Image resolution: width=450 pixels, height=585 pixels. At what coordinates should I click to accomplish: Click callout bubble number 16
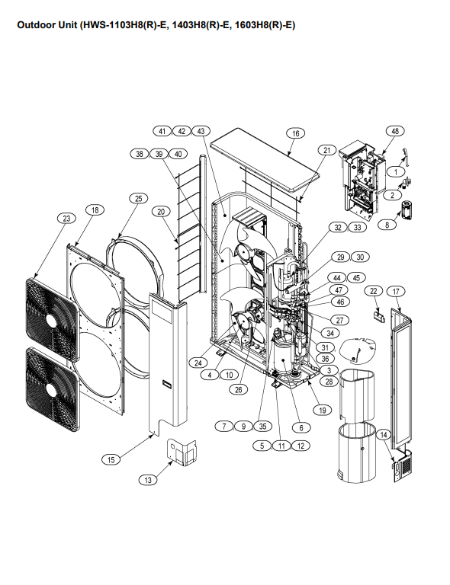(295, 133)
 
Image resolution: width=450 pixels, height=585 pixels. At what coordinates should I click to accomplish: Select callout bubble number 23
(66, 219)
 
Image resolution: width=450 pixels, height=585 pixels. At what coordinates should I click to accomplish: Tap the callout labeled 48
(395, 131)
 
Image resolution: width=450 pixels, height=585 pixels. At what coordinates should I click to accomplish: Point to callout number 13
(148, 480)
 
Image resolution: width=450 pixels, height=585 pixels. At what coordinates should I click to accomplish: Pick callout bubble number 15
(111, 459)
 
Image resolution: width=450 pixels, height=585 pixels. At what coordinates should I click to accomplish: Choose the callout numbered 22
(374, 291)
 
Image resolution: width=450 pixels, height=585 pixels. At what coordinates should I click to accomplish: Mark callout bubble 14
(384, 434)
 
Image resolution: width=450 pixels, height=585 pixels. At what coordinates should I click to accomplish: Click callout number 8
(387, 225)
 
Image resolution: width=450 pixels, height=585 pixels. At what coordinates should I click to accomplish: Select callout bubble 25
(139, 199)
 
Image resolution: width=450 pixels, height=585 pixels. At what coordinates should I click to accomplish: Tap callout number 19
(323, 410)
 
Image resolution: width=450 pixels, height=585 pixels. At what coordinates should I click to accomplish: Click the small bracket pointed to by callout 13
(182, 452)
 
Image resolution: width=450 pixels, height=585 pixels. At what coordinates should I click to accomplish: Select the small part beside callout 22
(379, 317)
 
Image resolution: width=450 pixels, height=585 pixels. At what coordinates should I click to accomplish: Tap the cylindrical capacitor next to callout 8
(406, 210)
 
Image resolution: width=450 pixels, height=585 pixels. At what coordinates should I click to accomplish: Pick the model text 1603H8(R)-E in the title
(265, 25)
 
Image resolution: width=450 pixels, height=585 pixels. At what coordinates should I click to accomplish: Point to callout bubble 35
(262, 426)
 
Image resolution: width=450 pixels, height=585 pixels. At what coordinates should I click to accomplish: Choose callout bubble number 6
(301, 427)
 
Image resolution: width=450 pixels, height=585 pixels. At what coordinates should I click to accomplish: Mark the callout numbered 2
(393, 195)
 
